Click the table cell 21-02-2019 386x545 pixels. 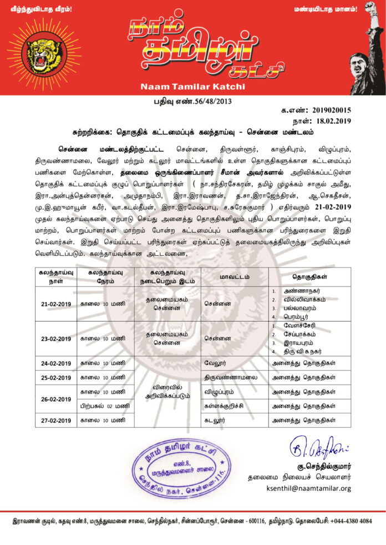55,304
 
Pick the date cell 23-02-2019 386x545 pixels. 55,339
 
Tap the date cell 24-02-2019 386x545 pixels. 55,364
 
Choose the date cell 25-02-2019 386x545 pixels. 55,378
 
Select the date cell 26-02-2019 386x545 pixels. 55,399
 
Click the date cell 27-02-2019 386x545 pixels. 55,420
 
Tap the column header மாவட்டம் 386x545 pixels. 234,276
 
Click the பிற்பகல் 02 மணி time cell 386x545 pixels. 105,406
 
